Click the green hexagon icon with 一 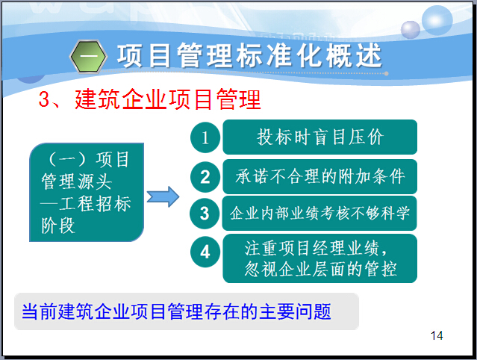[x=89, y=57]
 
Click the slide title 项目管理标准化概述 [x=249, y=55]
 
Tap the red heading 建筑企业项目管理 [x=168, y=99]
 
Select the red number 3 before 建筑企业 [x=44, y=99]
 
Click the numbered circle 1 [x=205, y=137]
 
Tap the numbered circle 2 [x=205, y=177]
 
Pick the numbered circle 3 [x=205, y=214]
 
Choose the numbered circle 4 [x=205, y=252]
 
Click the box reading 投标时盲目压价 [x=319, y=137]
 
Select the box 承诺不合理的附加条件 [x=319, y=176]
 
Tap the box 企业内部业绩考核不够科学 [x=319, y=213]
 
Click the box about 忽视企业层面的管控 [x=319, y=258]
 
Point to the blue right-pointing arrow [x=163, y=197]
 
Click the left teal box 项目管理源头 [x=87, y=193]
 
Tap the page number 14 [x=437, y=335]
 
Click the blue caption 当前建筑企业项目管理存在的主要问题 [x=176, y=311]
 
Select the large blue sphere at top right [x=437, y=20]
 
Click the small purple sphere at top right [x=411, y=30]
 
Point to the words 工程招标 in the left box [x=95, y=204]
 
